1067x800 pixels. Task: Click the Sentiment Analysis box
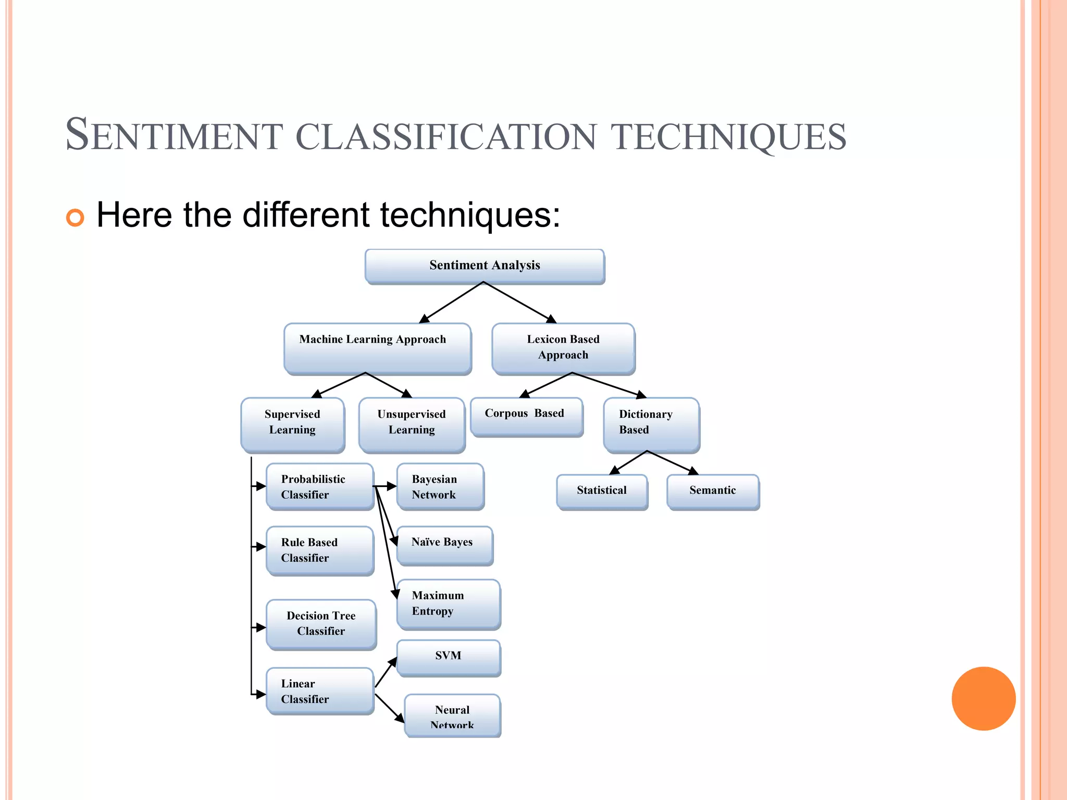tap(485, 266)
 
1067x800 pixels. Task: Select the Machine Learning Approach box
tap(377, 348)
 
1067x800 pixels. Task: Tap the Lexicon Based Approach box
tap(563, 348)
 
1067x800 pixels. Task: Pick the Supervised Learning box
tap(292, 424)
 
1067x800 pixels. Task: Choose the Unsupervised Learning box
tap(412, 424)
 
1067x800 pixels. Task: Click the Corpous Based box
tap(526, 416)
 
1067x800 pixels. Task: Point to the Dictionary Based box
tap(651, 424)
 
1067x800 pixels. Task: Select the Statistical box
tap(602, 491)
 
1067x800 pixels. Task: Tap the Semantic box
tap(713, 491)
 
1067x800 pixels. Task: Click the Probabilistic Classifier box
tap(320, 486)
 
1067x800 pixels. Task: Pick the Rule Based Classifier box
tap(320, 550)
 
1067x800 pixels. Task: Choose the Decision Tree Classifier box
tap(321, 623)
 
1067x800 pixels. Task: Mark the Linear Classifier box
tap(320, 691)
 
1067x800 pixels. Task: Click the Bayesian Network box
tap(440, 486)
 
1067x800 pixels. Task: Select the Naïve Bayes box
tap(444, 545)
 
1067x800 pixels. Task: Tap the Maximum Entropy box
tap(448, 604)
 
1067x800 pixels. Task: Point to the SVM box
tap(448, 657)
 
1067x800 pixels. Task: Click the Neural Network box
tap(452, 715)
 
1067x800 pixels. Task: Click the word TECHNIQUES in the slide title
tap(728, 136)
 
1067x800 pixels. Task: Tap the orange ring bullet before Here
tap(75, 217)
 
